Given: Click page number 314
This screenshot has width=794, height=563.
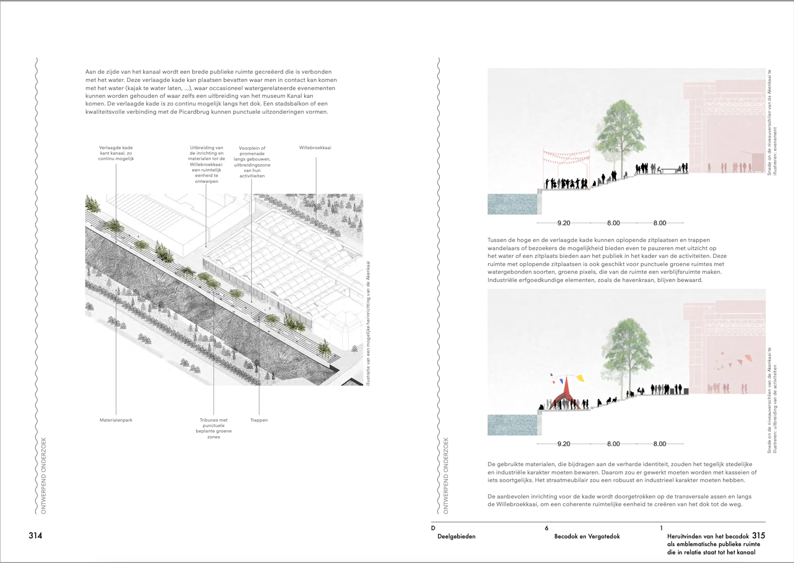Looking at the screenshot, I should point(35,536).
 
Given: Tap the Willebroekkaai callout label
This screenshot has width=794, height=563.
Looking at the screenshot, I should point(315,148).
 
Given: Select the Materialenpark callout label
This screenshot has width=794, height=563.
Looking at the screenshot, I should point(116,420).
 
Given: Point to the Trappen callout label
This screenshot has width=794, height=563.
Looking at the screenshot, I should point(259,420).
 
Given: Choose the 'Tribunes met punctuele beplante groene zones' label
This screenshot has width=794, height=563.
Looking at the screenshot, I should point(213,428).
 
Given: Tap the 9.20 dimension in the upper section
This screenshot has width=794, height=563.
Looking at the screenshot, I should point(564,223).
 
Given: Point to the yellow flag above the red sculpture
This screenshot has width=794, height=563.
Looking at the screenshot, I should point(580,378).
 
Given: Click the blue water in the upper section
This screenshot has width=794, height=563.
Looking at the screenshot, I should point(512,204).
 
